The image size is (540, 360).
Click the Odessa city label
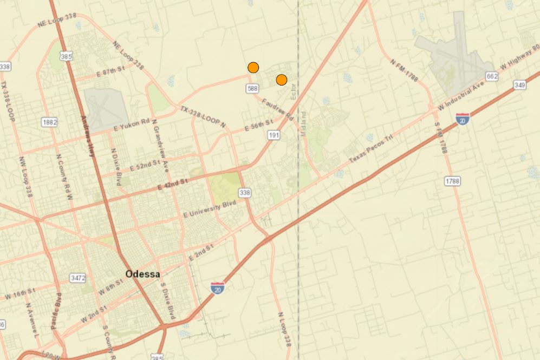click(x=142, y=274)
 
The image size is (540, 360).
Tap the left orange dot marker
click(x=253, y=68)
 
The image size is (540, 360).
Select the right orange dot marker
click(x=281, y=80)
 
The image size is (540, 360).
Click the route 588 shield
click(x=252, y=88)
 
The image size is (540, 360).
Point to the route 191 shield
click(x=274, y=135)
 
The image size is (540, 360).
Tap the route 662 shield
click(x=491, y=77)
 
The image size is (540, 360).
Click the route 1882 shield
click(x=49, y=122)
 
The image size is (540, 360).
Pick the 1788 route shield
click(x=452, y=181)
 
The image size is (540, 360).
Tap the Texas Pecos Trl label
click(x=370, y=149)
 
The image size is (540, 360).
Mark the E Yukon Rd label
click(x=132, y=125)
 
